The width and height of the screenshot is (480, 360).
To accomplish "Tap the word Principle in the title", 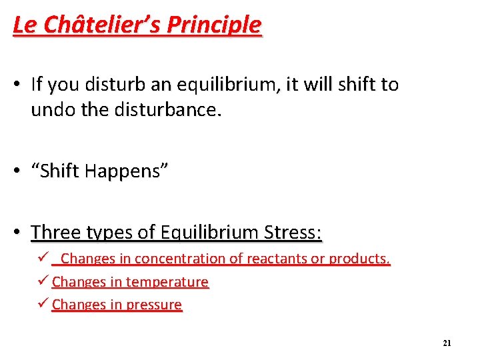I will (x=214, y=25).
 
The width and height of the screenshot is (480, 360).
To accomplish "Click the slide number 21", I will (x=447, y=343).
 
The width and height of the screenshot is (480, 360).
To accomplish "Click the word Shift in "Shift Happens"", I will (x=63, y=171).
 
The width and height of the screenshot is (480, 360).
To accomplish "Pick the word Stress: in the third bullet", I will (x=293, y=233).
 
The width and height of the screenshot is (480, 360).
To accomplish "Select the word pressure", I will (x=154, y=305).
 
